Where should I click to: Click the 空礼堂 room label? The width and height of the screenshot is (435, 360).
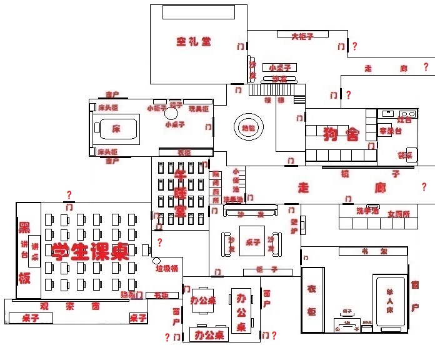pyautogui.click(x=193, y=42)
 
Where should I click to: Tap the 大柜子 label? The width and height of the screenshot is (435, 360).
pyautogui.click(x=302, y=36)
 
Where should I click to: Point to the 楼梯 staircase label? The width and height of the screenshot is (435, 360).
pyautogui.click(x=273, y=99)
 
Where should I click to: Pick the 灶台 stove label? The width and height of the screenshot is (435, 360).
pyautogui.click(x=404, y=119)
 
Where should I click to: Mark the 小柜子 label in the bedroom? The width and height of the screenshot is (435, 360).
pyautogui.click(x=156, y=107)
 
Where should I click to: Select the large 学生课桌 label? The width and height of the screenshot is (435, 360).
pyautogui.click(x=91, y=251)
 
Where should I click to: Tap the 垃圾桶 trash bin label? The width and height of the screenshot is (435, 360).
pyautogui.click(x=167, y=268)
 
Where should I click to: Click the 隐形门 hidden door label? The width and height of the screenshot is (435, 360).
pyautogui.click(x=132, y=294)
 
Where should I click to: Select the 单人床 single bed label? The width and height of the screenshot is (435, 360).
pyautogui.click(x=390, y=301)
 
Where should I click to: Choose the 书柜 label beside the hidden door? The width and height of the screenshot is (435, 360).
pyautogui.click(x=161, y=294)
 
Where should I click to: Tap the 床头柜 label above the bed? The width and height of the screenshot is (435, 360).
pyautogui.click(x=107, y=107)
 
